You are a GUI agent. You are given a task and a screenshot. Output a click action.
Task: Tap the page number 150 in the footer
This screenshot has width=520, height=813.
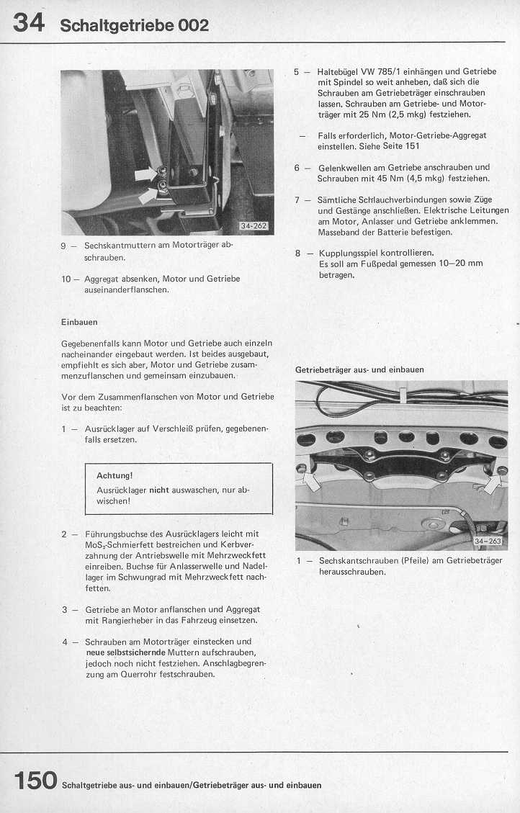click(35, 780)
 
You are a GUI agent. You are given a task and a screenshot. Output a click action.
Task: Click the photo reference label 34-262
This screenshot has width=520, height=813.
click(253, 226)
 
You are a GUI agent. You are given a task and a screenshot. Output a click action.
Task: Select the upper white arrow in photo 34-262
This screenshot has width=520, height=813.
click(146, 174)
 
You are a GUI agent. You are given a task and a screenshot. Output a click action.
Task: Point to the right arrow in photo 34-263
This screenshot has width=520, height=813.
click(492, 482)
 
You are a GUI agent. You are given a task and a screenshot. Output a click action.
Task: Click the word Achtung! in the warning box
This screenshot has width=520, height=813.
click(115, 475)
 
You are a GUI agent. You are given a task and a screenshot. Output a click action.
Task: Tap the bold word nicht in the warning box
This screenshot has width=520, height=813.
click(158, 490)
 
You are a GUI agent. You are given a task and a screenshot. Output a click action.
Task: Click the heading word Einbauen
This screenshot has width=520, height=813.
click(79, 322)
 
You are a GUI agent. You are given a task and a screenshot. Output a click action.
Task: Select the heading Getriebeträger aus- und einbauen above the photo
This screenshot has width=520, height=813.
click(359, 369)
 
